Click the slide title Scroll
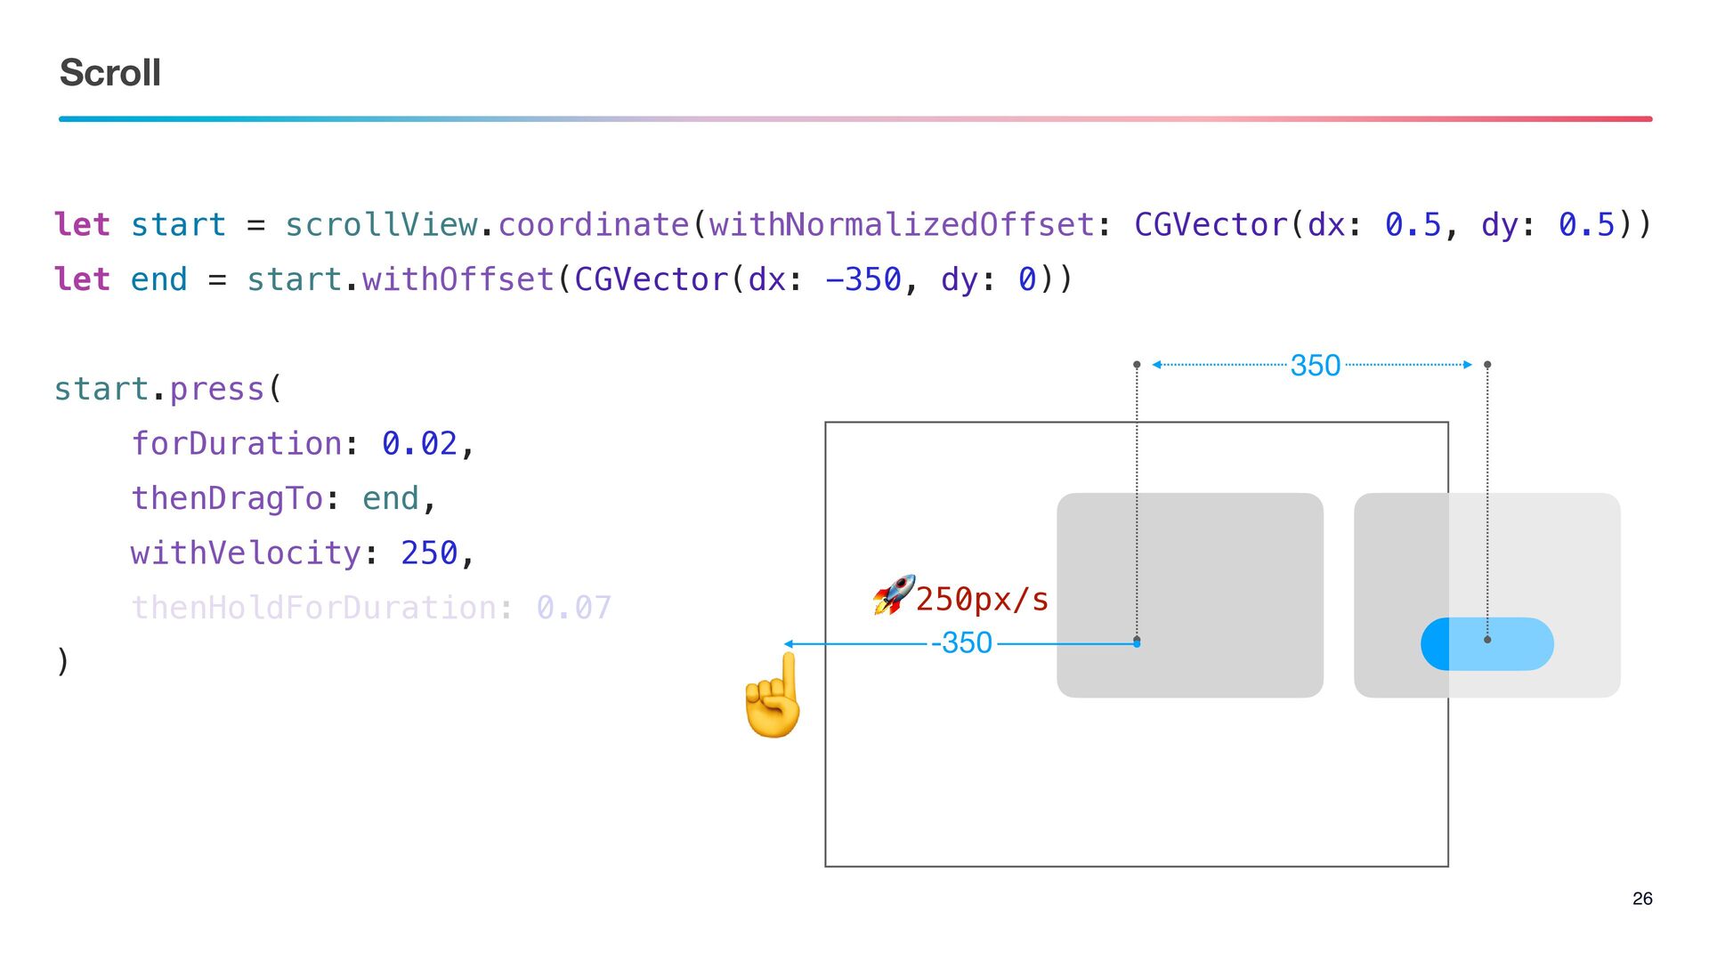point(110,73)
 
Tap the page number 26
point(1642,899)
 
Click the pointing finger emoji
point(774,696)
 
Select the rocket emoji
point(894,595)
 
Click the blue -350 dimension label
point(961,642)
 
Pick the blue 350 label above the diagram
point(1315,366)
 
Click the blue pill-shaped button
point(1487,643)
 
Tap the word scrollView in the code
point(381,225)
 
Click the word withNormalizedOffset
point(901,225)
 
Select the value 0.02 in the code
point(419,443)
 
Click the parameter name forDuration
point(237,443)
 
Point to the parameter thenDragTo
point(227,498)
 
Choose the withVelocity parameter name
point(246,553)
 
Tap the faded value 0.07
point(574,608)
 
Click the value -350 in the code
point(863,279)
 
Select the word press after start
point(217,389)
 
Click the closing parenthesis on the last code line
point(62,662)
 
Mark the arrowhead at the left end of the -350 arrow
point(789,643)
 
